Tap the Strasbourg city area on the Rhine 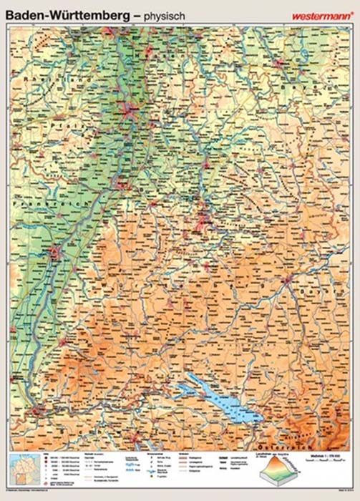pyautogui.click(x=56, y=251)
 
